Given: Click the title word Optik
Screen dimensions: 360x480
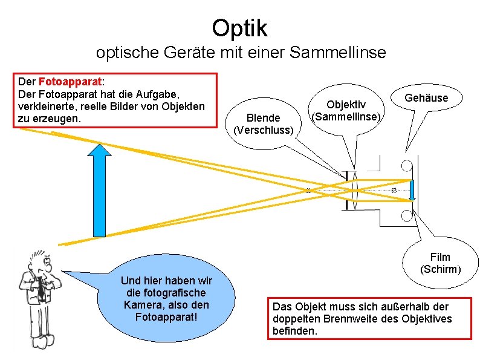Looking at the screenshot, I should point(239,27).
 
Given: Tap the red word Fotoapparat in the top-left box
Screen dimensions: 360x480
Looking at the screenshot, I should point(70,82).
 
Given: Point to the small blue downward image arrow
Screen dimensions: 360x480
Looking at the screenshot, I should point(412,190).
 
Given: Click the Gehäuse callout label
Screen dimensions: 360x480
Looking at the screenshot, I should point(426,98).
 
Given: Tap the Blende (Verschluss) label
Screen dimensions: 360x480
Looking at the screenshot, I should point(264,124).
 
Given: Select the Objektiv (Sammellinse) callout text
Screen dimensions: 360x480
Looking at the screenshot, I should point(346,111).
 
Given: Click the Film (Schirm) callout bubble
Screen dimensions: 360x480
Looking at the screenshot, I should point(440,263).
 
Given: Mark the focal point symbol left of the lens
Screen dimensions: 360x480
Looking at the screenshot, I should point(307,191).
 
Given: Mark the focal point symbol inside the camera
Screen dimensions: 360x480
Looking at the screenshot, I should point(394,191).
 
